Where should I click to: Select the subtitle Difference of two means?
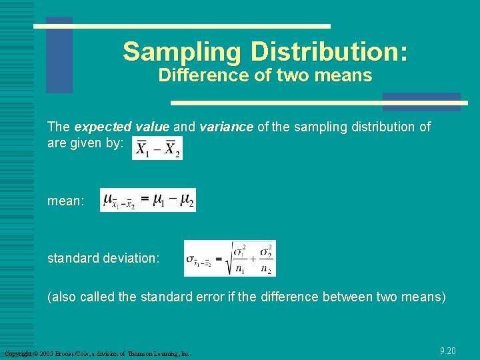tap(265, 75)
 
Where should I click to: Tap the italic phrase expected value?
tap(121, 127)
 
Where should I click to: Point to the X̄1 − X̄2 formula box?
tap(157, 148)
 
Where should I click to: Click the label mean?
tap(66, 201)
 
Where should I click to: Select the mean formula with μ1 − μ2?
tap(148, 200)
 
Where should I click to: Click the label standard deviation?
tap(103, 258)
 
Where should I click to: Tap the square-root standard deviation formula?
tap(229, 258)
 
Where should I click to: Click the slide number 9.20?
tap(448, 351)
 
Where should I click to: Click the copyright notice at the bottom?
tap(97, 353)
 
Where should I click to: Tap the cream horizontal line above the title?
tap(182, 27)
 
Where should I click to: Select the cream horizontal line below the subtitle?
tap(319, 103)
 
